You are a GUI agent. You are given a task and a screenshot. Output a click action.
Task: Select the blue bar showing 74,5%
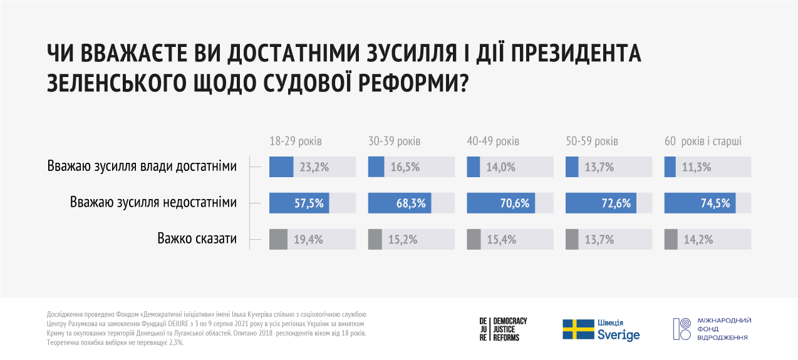tap(700, 203)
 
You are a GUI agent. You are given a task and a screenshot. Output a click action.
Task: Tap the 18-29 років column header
tap(296, 141)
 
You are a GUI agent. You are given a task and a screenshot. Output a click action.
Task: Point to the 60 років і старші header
tap(703, 141)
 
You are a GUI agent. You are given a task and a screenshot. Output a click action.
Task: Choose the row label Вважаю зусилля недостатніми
tap(153, 203)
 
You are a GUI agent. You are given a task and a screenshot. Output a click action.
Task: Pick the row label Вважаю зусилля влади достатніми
tap(142, 167)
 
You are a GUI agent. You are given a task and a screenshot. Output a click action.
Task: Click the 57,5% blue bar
tap(299, 203)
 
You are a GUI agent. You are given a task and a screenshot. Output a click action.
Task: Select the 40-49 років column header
tap(493, 141)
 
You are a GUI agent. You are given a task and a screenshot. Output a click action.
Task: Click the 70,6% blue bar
tap(501, 203)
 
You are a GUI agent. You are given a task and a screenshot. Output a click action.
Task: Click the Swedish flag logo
tap(578, 329)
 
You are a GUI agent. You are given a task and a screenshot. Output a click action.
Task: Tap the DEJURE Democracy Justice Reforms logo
tap(503, 329)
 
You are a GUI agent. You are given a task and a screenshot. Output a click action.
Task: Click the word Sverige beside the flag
tap(619, 334)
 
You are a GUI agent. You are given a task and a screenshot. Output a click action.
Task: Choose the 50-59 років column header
tap(592, 141)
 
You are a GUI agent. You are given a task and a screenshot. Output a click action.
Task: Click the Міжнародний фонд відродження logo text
tap(723, 329)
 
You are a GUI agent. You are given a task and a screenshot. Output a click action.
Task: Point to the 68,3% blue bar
tap(400, 203)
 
